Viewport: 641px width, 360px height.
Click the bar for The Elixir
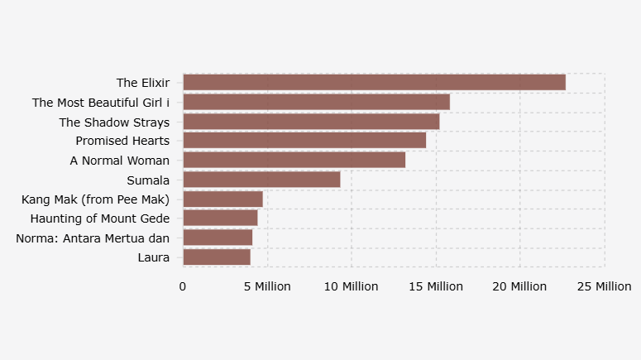374,82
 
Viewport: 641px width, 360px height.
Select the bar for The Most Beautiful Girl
316,102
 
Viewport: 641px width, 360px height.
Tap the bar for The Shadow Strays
311,122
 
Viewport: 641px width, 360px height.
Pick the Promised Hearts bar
304,141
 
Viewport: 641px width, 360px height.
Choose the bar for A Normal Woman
294,160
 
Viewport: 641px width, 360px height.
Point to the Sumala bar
261,180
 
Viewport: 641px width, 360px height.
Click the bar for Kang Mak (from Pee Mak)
222,199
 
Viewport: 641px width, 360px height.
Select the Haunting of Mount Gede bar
220,218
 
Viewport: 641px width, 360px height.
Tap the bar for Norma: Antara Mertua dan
218,238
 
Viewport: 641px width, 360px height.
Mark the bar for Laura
216,257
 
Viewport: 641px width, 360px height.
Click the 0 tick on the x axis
183,286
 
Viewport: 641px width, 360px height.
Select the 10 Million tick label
351,286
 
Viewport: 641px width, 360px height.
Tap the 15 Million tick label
435,286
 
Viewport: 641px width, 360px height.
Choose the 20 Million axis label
519,286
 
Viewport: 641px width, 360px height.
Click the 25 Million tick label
604,286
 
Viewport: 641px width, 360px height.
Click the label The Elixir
143,83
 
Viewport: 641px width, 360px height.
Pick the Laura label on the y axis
154,257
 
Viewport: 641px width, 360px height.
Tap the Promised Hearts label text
122,141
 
